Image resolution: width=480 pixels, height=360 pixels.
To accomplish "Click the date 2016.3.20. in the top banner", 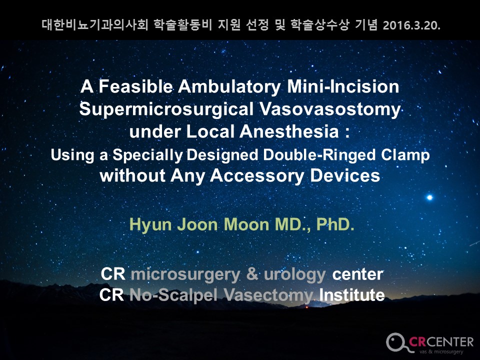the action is [x=411, y=25].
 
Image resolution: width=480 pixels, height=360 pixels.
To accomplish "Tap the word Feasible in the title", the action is [x=135, y=86].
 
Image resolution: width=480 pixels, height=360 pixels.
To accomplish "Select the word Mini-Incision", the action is [x=343, y=86].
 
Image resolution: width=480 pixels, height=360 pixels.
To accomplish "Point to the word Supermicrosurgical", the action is [x=166, y=109].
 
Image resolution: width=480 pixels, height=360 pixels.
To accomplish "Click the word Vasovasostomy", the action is [x=330, y=109].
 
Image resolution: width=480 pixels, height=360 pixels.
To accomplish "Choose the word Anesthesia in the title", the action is [x=289, y=131].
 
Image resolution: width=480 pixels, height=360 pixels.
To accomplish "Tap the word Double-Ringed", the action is [x=319, y=155].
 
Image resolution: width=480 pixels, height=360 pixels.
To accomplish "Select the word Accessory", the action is [x=257, y=176].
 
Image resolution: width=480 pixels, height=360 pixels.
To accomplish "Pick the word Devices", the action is [x=345, y=175].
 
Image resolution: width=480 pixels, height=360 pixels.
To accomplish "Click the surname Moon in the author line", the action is [x=246, y=224].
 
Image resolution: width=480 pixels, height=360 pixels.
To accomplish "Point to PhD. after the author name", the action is [x=335, y=224].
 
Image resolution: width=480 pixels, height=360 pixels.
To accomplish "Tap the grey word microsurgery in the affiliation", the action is [x=185, y=274].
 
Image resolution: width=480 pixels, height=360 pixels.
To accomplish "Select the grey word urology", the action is [x=294, y=275].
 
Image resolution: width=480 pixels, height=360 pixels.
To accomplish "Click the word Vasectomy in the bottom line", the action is [x=268, y=295].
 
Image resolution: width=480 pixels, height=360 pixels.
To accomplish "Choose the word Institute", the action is [x=352, y=295].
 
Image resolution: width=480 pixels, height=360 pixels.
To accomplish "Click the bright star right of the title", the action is [x=429, y=197].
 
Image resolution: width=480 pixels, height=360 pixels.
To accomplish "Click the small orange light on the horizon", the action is [x=306, y=307].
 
